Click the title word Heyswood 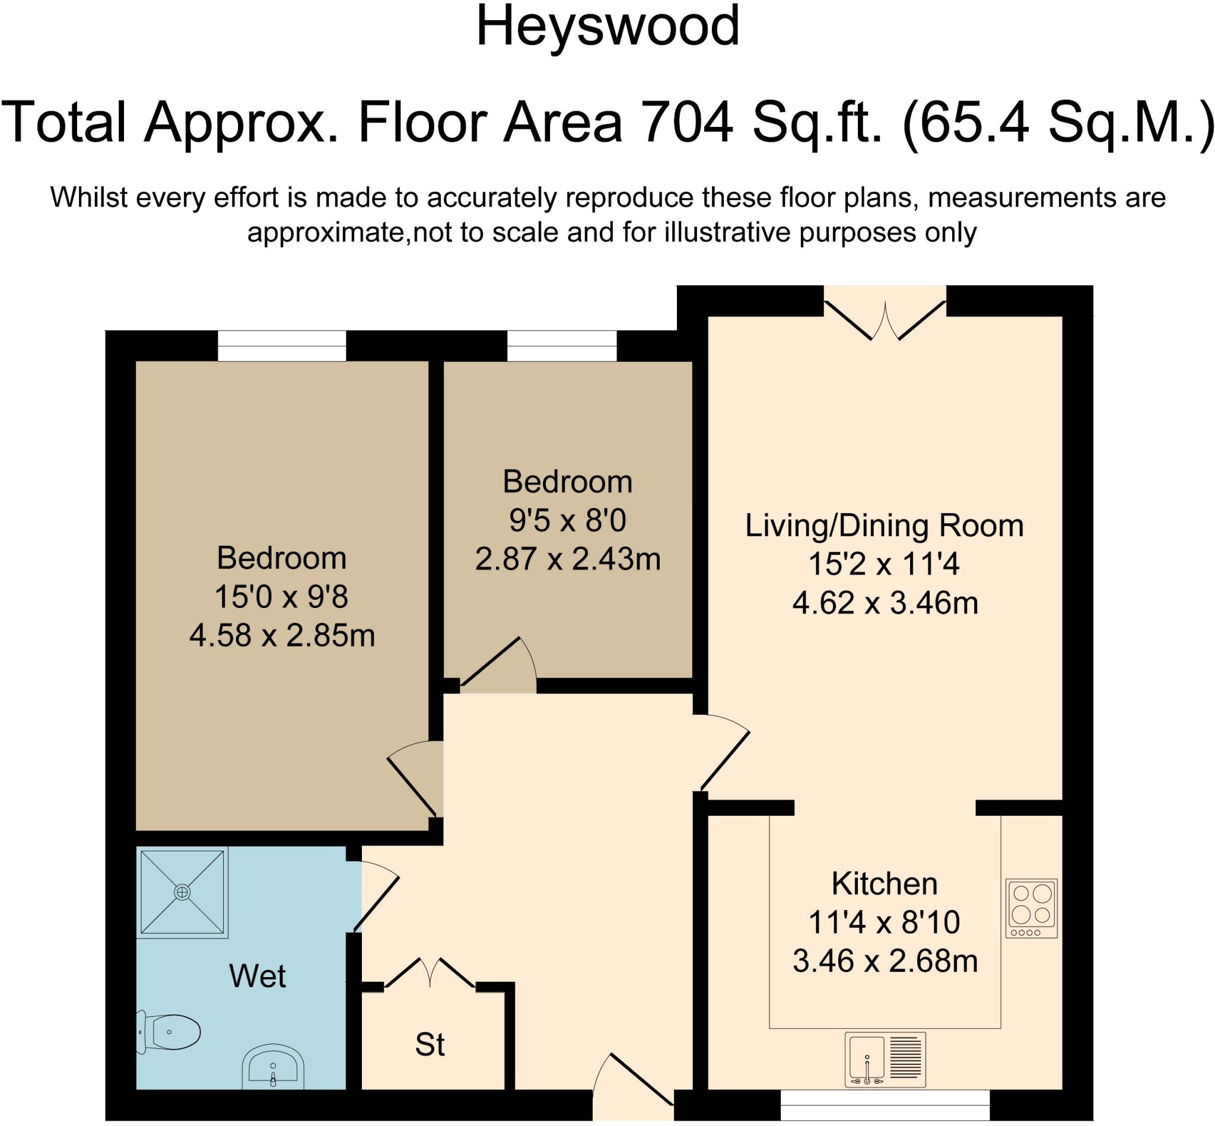[607, 27]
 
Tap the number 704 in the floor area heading [688, 122]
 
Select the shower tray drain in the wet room [182, 892]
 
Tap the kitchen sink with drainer [885, 1060]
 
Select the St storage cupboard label [430, 1044]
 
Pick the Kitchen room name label [884, 883]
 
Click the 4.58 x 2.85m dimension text [282, 635]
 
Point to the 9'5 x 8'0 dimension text [567, 520]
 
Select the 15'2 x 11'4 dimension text [883, 564]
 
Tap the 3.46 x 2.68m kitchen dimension [885, 962]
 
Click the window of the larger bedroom [282, 346]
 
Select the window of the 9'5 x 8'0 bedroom [562, 346]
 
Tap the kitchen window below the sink [885, 1112]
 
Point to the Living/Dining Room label [884, 526]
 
